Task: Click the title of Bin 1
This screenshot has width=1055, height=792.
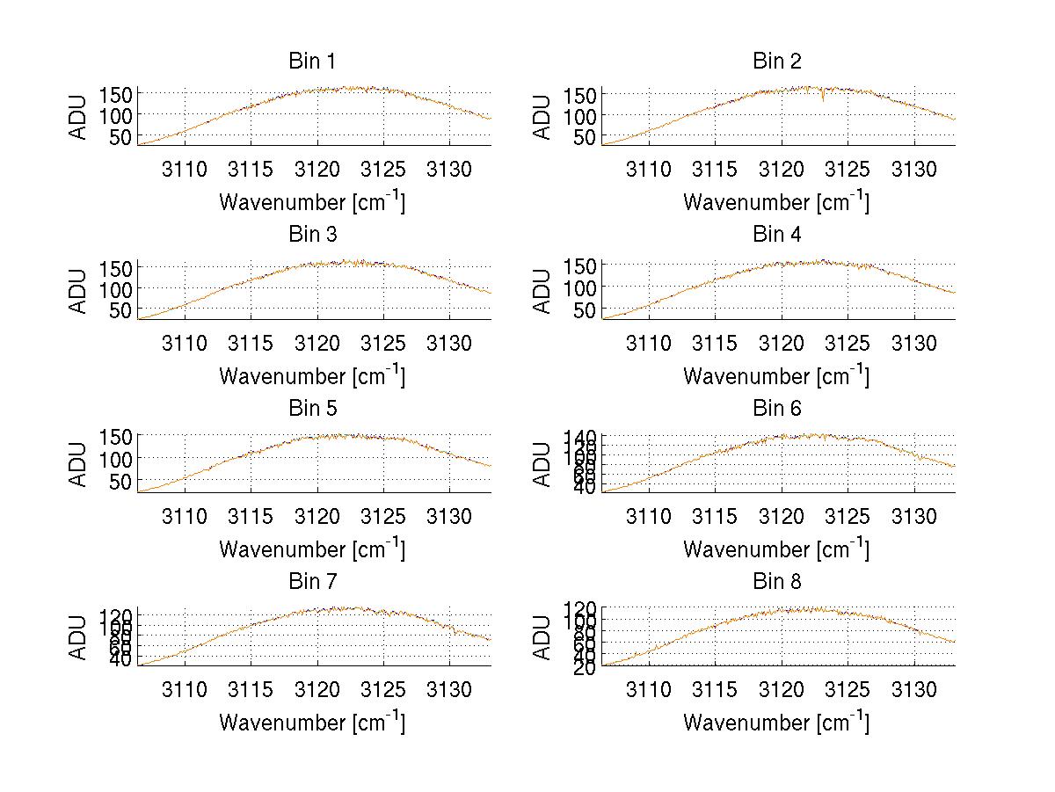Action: (x=311, y=62)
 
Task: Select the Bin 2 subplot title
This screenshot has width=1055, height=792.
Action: (x=777, y=62)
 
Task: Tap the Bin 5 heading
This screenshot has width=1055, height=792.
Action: (x=311, y=409)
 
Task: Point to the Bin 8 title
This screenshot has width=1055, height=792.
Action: (x=777, y=582)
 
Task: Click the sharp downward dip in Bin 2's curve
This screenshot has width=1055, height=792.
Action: (x=823, y=99)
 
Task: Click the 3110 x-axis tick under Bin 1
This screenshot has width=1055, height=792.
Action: (x=185, y=169)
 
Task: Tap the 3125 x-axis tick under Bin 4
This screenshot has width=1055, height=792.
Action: (x=848, y=342)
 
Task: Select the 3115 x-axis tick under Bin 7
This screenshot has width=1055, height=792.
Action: (x=251, y=689)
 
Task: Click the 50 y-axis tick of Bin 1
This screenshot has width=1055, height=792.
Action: (x=120, y=137)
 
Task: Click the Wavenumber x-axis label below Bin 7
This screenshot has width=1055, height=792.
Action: (x=311, y=723)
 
